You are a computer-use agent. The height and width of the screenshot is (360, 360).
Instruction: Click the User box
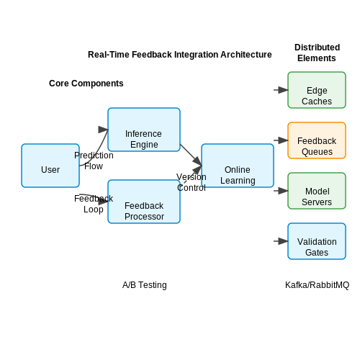50,166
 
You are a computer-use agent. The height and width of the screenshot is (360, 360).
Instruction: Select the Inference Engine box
144,130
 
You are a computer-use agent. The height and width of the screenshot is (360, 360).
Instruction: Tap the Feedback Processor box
144,202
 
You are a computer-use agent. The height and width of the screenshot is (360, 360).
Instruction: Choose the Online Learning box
238,166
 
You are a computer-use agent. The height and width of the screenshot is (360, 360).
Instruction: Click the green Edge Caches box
317,90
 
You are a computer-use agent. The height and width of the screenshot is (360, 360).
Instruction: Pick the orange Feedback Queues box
317,140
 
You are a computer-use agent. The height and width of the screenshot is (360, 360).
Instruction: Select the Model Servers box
317,191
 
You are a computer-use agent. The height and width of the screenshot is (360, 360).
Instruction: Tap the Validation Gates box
317,241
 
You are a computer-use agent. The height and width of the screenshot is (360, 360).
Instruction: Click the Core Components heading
86,84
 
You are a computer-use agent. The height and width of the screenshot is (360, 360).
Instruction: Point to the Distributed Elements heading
317,53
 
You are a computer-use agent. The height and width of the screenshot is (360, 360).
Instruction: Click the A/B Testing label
145,285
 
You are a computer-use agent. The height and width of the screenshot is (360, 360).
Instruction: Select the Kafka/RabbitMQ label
317,285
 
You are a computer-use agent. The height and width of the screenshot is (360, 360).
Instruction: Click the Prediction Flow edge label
94,161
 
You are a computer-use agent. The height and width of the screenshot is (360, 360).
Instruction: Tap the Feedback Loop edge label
94,204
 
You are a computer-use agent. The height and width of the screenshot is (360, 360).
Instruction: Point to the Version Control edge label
192,182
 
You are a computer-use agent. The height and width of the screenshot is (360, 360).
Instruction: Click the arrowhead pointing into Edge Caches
284,90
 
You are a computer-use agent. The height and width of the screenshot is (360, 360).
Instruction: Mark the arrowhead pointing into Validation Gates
284,241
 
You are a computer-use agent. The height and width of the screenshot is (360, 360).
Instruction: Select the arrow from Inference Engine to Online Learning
191,155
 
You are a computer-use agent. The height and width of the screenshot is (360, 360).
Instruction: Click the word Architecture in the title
246,55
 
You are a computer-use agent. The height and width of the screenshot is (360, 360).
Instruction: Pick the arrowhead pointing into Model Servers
284,191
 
